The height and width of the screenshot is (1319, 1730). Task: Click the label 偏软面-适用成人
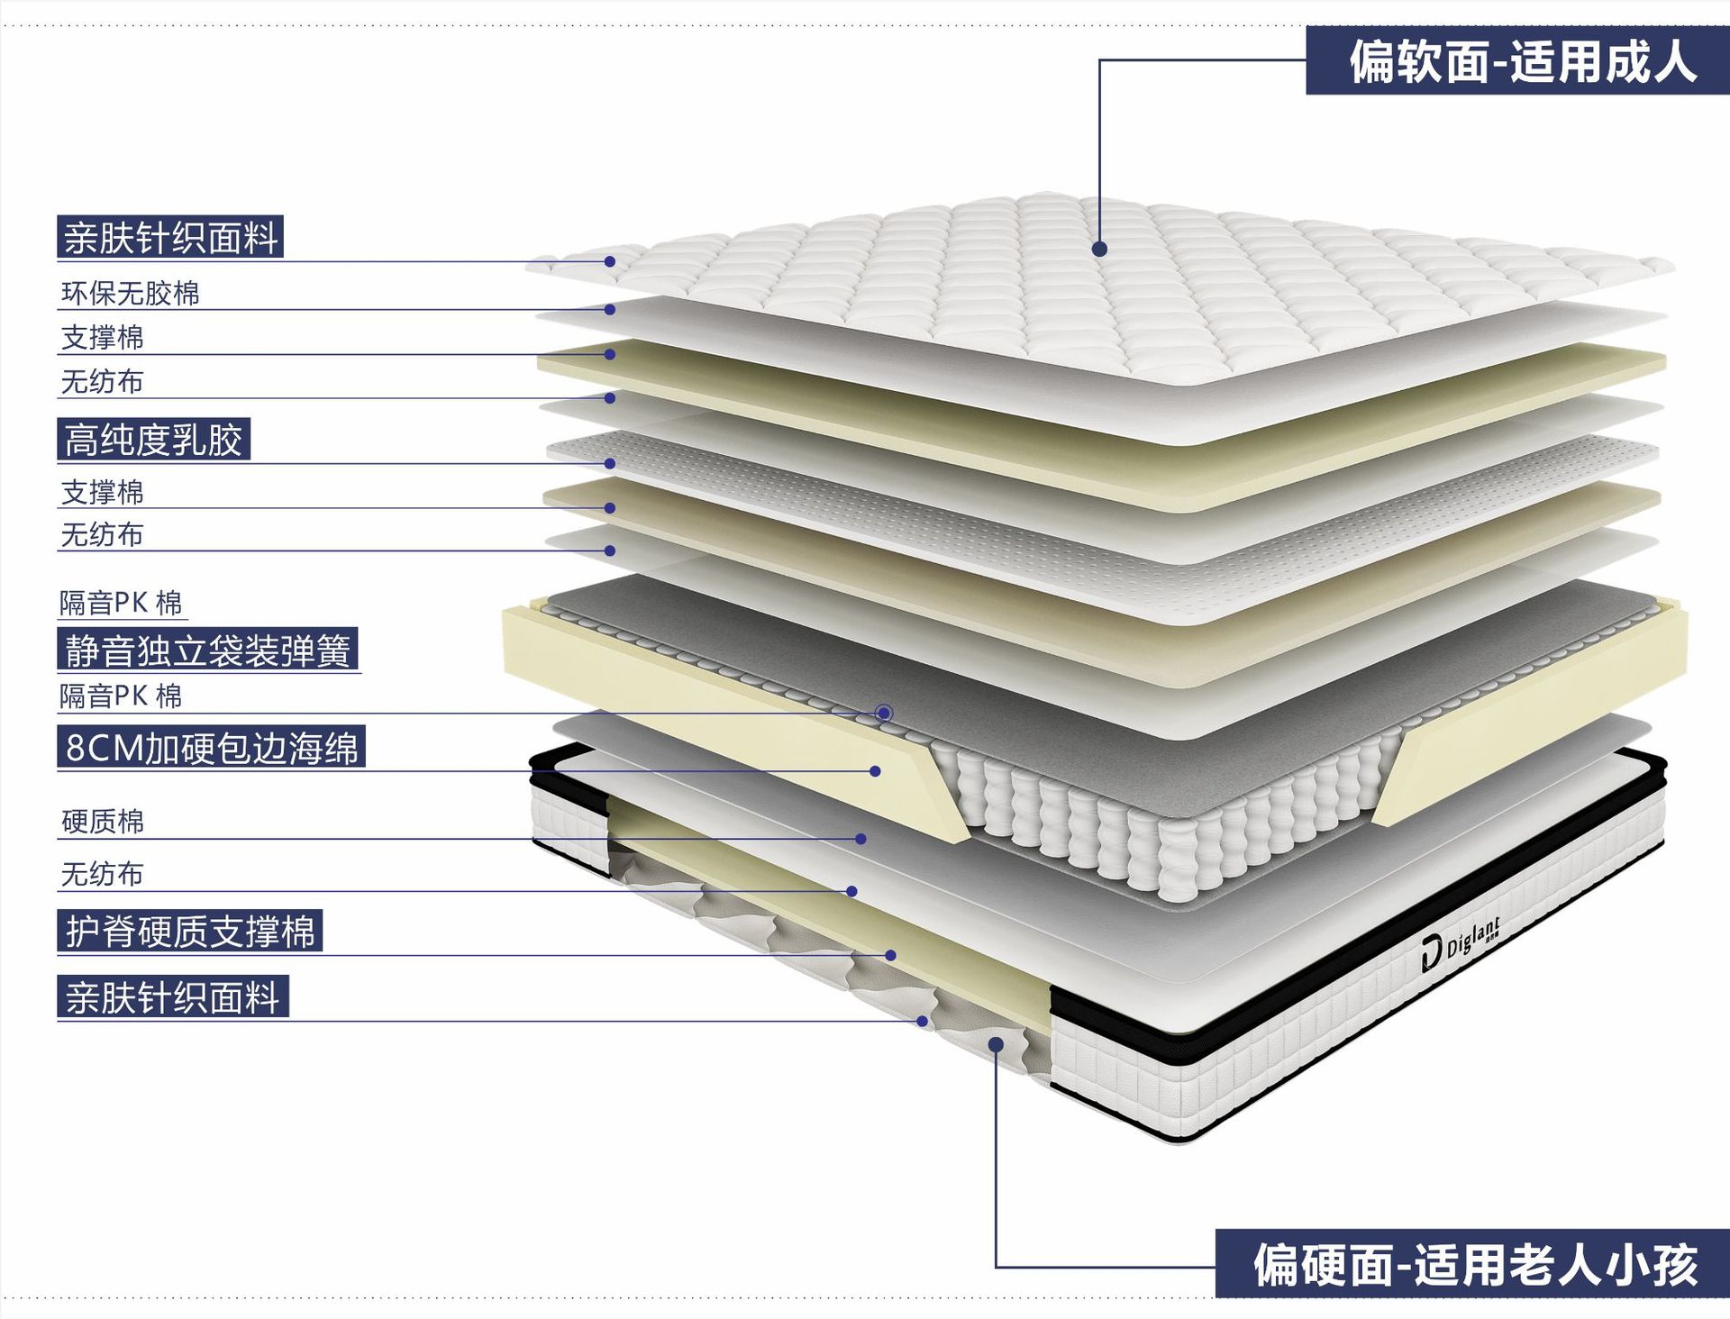[1521, 61]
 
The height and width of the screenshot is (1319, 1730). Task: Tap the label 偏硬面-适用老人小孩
[1474, 1264]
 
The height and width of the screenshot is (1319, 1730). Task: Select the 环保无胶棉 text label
[130, 293]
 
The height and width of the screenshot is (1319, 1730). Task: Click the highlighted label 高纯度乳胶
[153, 440]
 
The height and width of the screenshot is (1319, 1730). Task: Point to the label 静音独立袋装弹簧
[207, 650]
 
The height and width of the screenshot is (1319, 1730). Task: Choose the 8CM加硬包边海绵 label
[211, 747]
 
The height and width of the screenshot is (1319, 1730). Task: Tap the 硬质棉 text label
[102, 821]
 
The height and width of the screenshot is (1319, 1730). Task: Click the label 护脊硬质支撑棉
[190, 931]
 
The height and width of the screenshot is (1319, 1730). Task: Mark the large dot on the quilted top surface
[1099, 249]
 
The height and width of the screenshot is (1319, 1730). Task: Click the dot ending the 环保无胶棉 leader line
[610, 309]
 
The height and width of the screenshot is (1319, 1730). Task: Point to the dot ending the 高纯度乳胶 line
[610, 464]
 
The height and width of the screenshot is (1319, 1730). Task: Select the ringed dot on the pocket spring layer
[884, 714]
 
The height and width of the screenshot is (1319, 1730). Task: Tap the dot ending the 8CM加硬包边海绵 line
[875, 771]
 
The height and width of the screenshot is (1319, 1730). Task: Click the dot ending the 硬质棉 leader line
[860, 839]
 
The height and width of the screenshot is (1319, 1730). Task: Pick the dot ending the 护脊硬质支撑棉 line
[890, 955]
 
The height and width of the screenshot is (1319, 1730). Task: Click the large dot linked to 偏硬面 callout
[996, 1044]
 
